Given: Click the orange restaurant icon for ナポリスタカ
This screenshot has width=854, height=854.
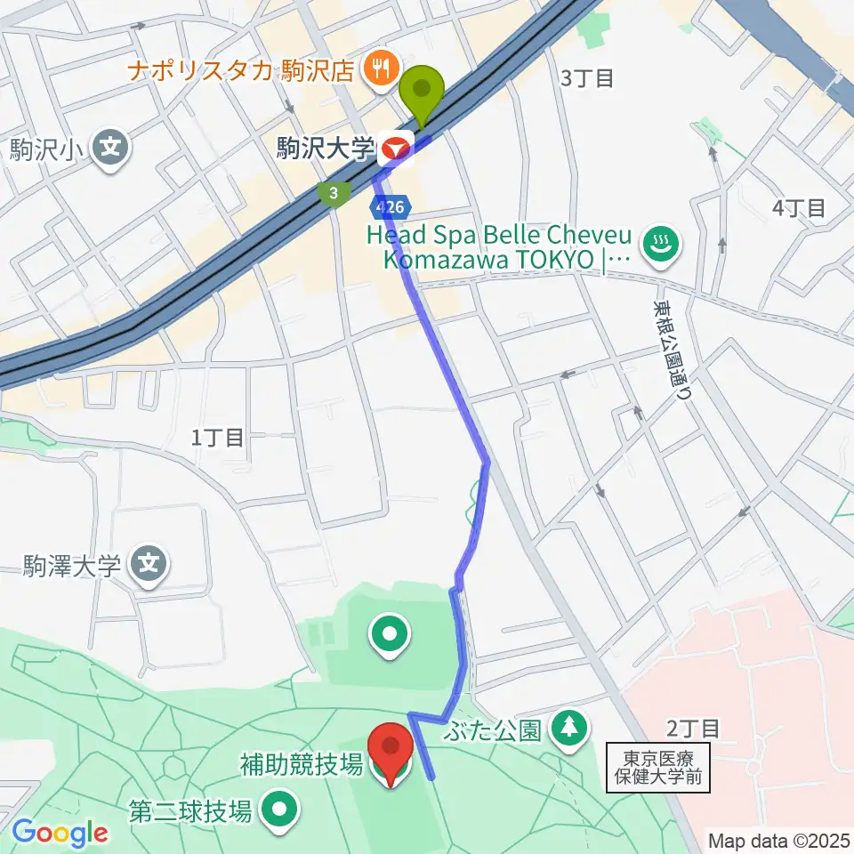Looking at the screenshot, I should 381,67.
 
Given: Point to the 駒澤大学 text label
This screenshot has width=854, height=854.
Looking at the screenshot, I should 73,565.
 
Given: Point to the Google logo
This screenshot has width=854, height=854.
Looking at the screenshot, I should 60,832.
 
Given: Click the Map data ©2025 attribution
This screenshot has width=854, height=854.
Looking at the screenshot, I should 777,840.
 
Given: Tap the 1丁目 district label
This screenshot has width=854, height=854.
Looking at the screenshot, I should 217,437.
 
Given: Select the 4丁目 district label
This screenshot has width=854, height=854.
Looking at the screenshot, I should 799,209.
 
